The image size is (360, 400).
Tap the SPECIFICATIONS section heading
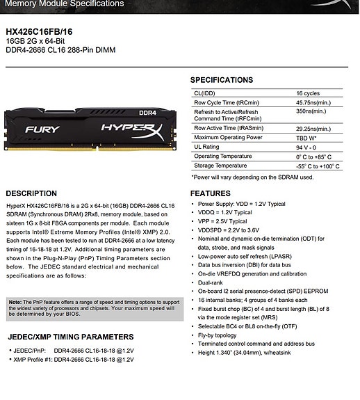pyautogui.click(x=222, y=80)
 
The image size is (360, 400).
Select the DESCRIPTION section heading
pyautogui.click(x=31, y=193)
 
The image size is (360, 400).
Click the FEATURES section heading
pyautogui.click(x=211, y=193)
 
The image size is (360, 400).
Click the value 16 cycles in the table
pyautogui.click(x=309, y=93)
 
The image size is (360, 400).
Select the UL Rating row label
pyautogui.click(x=207, y=147)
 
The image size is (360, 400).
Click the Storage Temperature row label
pyautogui.click(x=220, y=166)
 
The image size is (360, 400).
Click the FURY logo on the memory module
pyautogui.click(x=42, y=129)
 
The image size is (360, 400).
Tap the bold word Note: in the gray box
pyautogui.click(x=15, y=302)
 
